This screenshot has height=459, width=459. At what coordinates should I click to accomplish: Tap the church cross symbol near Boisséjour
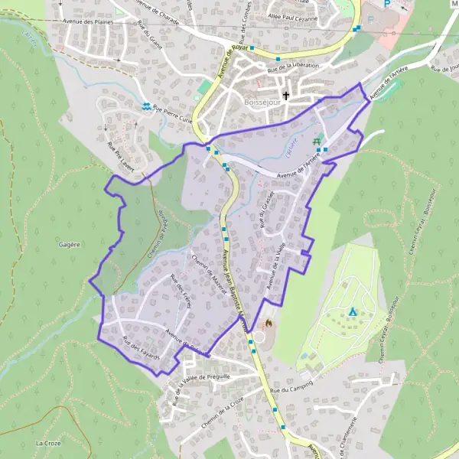pos(288,96)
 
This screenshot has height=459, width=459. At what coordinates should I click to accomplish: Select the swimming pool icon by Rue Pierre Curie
pos(145,106)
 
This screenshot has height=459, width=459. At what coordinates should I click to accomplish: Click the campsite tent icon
pos(353,312)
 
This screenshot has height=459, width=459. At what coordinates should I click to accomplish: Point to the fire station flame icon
pos(269,324)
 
